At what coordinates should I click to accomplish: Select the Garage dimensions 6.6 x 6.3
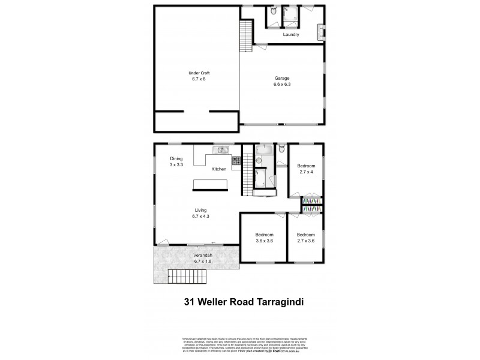click(283, 84)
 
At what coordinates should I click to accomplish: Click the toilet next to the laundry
click(273, 12)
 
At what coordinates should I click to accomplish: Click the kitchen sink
click(221, 149)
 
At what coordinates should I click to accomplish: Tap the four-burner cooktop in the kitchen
click(236, 160)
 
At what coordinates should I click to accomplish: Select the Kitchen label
click(218, 170)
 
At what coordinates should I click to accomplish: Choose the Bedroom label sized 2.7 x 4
click(307, 165)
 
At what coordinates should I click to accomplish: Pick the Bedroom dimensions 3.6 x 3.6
click(265, 240)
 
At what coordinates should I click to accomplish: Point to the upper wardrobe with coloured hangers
click(311, 200)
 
